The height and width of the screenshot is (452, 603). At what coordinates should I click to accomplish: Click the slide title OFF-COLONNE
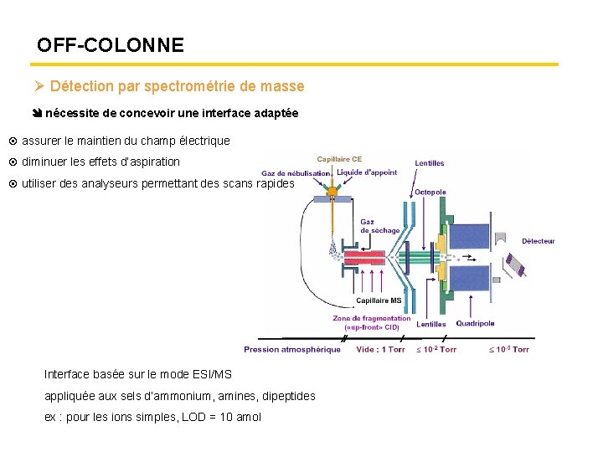pyautogui.click(x=111, y=45)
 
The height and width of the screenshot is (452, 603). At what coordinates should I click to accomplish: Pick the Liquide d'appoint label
pyautogui.click(x=366, y=172)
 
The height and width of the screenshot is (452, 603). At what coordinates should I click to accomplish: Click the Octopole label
pyautogui.click(x=430, y=192)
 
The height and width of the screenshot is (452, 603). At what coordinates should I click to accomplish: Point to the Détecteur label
pyautogui.click(x=538, y=241)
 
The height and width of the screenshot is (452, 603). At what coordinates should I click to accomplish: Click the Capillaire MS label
pyautogui.click(x=379, y=300)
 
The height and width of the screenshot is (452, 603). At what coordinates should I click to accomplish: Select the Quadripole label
pyautogui.click(x=475, y=324)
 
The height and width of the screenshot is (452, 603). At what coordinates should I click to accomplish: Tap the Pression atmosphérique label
pyautogui.click(x=292, y=349)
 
